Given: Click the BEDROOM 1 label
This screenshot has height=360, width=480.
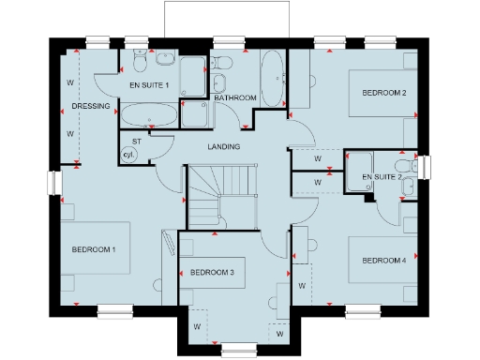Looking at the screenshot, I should (x=94, y=249).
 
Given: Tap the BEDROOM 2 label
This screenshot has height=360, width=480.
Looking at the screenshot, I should (x=383, y=93).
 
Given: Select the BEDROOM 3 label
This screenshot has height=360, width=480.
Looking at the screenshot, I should (x=211, y=272).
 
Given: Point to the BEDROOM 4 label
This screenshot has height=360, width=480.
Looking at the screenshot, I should (x=383, y=260).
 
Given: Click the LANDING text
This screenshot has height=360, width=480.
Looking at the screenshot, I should (x=224, y=146).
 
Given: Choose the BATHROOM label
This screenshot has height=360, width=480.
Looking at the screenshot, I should (x=234, y=97).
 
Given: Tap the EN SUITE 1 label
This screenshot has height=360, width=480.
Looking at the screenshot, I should (x=148, y=86).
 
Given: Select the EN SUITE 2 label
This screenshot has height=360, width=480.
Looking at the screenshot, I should (x=381, y=176).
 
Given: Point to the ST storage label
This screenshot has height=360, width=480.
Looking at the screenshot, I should (x=136, y=142).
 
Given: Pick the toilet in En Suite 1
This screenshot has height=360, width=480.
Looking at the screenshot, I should (x=139, y=62).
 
